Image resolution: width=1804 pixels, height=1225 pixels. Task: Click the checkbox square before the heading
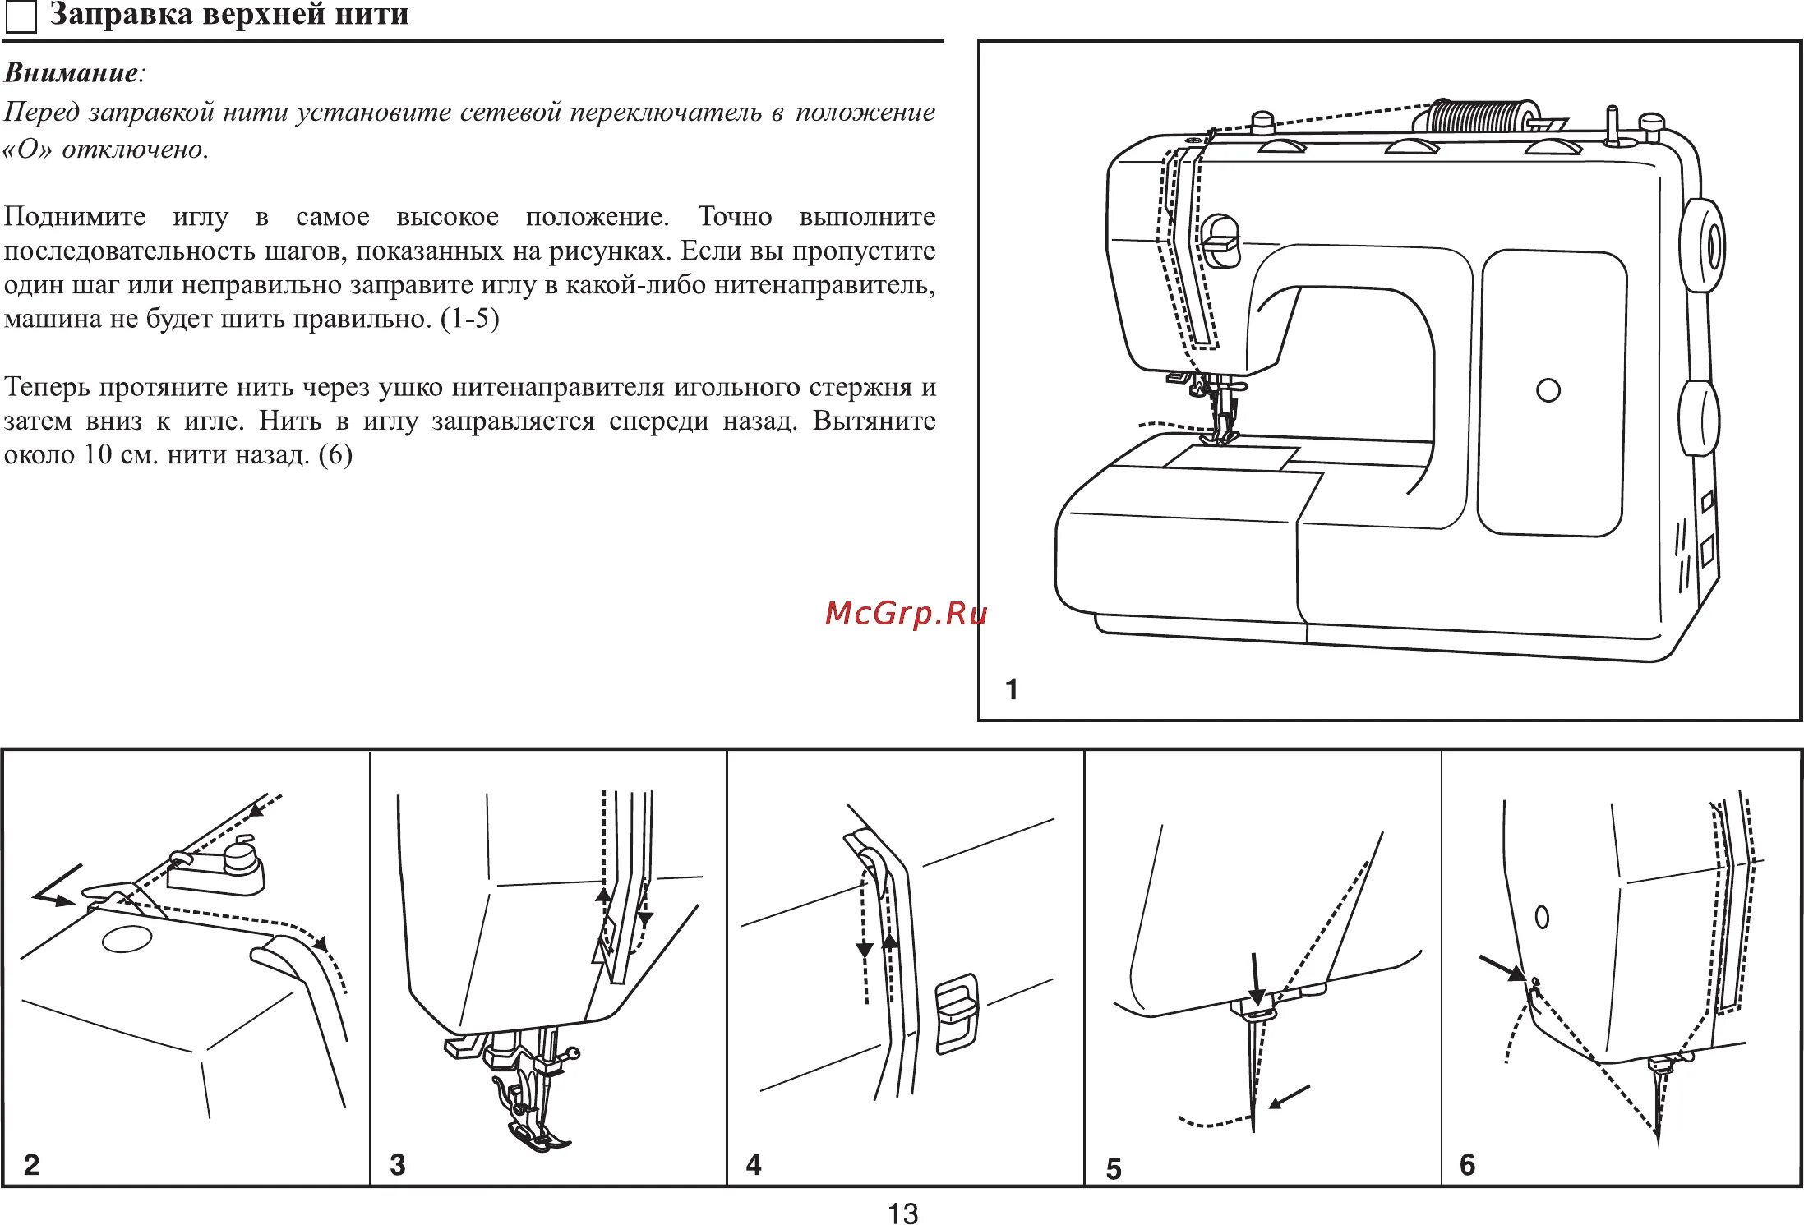(21, 17)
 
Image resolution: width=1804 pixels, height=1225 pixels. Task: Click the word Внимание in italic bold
(72, 73)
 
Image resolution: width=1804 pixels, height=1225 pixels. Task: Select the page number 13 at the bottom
(902, 1213)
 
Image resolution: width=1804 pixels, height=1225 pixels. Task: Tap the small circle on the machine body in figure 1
(1548, 390)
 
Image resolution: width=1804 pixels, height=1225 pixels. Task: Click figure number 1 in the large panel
(1012, 688)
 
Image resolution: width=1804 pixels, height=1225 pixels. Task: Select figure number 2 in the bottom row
(31, 1164)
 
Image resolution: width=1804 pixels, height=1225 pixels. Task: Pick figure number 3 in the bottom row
(398, 1164)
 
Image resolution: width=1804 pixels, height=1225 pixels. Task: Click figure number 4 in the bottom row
(754, 1164)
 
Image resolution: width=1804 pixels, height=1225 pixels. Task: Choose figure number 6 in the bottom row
(1468, 1164)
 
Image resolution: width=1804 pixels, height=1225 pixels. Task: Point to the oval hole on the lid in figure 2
(127, 938)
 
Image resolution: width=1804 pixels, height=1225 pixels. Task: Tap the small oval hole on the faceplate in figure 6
(1542, 917)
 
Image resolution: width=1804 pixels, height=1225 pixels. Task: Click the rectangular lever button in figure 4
(957, 1013)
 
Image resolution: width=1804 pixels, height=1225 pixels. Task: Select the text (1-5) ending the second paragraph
(469, 319)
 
